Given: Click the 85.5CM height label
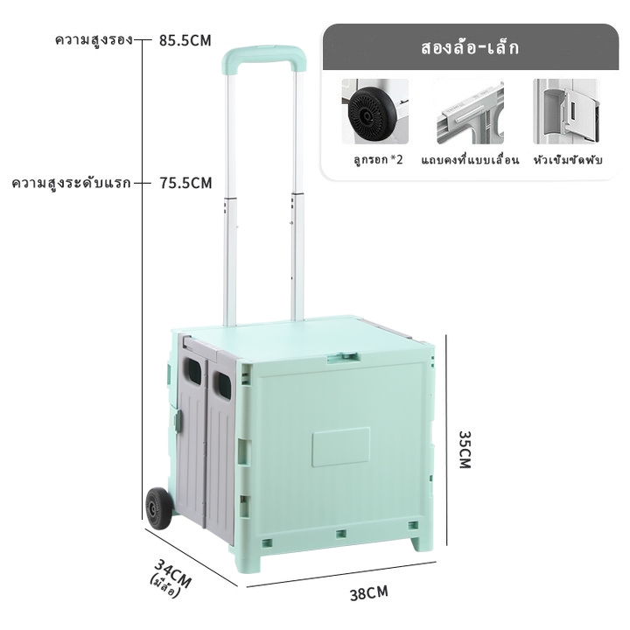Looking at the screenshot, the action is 185,40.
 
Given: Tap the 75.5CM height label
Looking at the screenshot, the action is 185,183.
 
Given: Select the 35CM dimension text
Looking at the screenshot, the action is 465,449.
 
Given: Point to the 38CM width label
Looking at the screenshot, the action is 369,593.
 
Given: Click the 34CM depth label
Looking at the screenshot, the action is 173,573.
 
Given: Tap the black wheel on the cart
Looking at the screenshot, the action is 158,507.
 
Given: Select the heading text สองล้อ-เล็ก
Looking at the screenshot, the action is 470,48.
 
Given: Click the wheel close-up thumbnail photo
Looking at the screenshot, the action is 374,111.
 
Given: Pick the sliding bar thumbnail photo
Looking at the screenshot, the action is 470,111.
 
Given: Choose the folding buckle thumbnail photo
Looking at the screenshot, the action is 566,111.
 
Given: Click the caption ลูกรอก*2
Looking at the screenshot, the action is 378,160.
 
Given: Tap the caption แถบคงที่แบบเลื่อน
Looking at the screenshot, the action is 470,160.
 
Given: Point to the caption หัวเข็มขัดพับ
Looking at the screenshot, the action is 568,160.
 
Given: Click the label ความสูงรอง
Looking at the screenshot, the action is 94,40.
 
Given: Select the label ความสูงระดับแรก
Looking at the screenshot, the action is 71,183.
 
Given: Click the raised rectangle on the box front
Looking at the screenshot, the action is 341,447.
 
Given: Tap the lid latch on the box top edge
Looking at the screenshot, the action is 342,357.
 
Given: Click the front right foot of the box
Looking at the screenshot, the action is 421,542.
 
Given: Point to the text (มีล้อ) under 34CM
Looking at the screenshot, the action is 164,585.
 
